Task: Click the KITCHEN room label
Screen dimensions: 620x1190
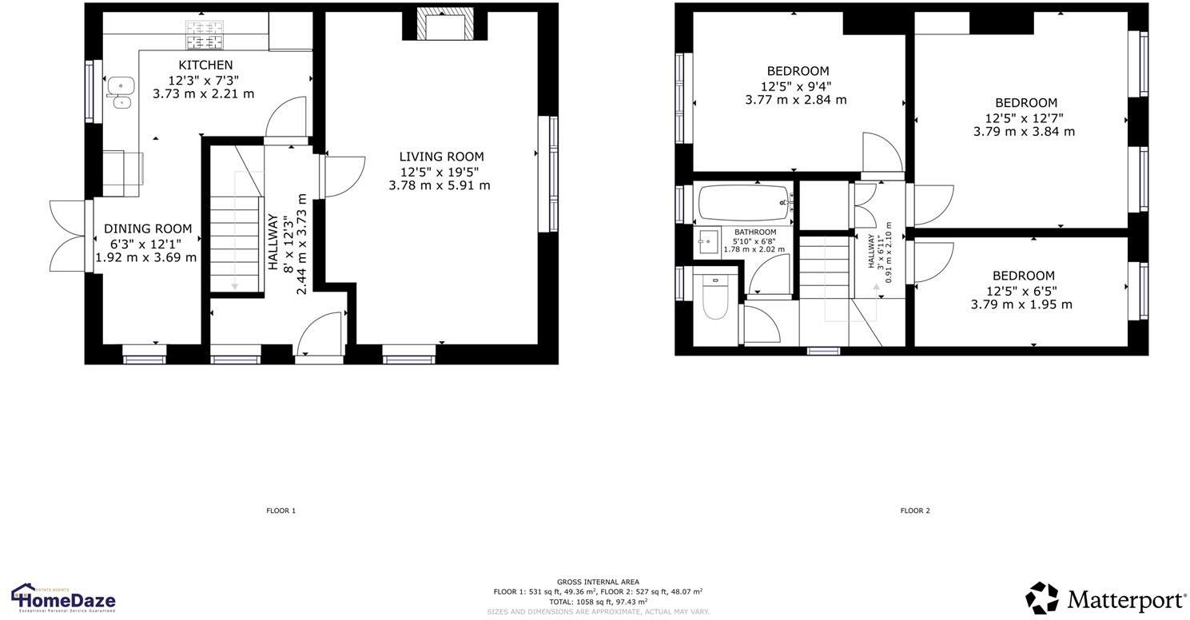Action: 205,65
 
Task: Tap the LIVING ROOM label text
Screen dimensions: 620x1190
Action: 441,157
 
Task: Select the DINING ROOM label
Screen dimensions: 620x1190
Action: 148,229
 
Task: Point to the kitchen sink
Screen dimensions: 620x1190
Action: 121,91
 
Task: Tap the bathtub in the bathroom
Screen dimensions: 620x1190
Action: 744,203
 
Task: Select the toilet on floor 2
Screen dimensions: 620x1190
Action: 714,298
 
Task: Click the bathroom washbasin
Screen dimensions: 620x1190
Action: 707,240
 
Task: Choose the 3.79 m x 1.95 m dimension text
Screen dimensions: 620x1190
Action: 1021,304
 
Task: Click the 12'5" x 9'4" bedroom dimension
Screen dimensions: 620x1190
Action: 796,85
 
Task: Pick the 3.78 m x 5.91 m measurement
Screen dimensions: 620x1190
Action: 440,185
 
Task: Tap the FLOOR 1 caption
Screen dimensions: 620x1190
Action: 281,511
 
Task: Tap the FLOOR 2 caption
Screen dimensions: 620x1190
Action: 915,511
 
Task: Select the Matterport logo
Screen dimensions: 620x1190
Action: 1106,598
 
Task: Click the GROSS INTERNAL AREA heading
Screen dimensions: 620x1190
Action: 598,582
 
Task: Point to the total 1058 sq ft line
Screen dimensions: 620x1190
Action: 598,602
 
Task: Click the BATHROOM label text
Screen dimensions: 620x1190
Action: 755,232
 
